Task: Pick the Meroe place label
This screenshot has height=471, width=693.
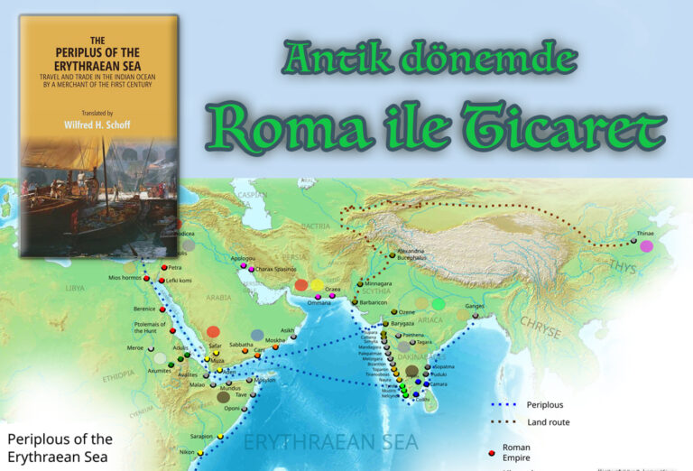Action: point(134,347)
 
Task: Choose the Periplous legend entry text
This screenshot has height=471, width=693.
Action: point(546,404)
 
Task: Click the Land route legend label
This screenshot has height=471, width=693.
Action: point(548,421)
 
